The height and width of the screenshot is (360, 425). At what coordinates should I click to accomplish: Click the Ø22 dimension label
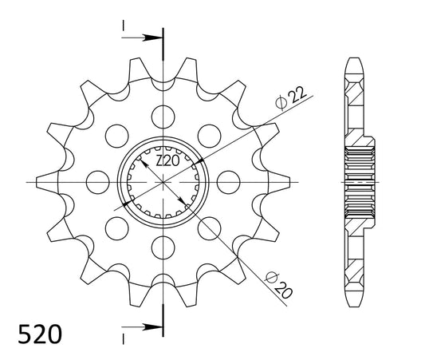coord(291,98)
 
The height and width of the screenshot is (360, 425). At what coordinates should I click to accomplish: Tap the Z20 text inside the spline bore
coord(167,161)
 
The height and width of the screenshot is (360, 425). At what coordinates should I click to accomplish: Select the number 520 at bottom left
coord(40,334)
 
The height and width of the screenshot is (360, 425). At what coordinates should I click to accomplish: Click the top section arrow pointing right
coord(142,38)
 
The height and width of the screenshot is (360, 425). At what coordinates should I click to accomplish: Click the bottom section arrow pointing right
coord(142,327)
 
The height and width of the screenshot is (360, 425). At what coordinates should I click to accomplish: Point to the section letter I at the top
coord(124,26)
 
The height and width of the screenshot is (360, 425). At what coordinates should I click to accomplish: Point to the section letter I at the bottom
coord(124,338)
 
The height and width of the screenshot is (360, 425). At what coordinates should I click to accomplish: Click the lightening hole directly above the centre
coord(163,117)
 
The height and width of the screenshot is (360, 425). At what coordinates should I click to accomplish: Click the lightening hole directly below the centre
coord(163,247)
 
